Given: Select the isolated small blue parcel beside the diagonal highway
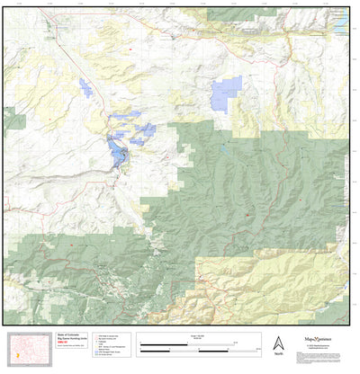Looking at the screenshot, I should (x=86, y=87).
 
